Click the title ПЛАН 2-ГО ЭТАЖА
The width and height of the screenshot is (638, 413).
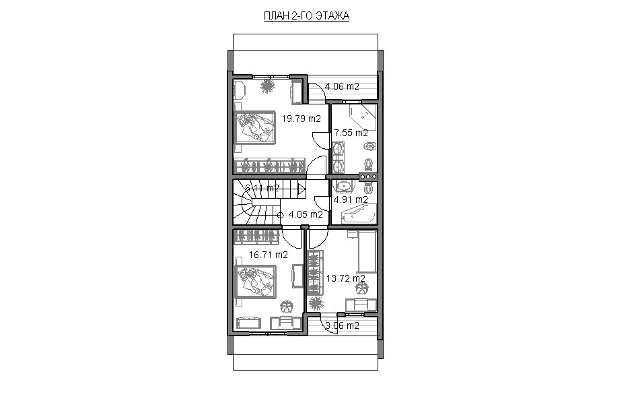[306, 16]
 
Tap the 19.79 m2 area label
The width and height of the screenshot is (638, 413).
[302, 119]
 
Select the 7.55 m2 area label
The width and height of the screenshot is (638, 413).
[351, 133]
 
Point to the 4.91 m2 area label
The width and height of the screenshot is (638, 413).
[351, 199]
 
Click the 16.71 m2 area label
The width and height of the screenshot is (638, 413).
[268, 255]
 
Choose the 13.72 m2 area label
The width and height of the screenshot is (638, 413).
[345, 278]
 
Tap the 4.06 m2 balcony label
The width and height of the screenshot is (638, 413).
[342, 86]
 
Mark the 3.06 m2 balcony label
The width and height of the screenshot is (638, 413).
[343, 325]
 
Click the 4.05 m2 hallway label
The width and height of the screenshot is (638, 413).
[306, 214]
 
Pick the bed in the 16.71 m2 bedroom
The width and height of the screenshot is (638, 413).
[256, 282]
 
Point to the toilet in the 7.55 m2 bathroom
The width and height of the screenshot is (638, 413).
[369, 164]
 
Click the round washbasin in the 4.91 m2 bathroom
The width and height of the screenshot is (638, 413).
[344, 186]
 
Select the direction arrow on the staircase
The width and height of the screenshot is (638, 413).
[302, 189]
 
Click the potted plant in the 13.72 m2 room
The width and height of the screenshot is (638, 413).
[316, 303]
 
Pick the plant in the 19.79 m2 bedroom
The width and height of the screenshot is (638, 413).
[267, 86]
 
